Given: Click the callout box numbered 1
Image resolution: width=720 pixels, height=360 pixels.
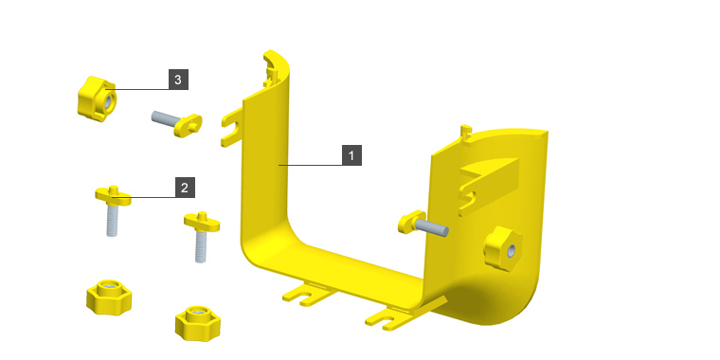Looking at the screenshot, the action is point(351,155).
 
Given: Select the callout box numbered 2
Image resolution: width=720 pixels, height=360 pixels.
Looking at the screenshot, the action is point(185,188).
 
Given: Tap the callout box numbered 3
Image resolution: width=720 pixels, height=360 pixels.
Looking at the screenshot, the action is point(178,80).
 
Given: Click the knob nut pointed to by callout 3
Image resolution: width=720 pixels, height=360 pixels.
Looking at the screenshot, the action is point(97,99).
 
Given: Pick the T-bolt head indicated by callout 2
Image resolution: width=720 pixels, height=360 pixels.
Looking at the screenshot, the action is point(113,195).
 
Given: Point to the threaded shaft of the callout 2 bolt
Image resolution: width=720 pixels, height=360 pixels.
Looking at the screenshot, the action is point(112,221).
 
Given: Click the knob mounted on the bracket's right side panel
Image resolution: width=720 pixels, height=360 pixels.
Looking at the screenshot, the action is point(503,248).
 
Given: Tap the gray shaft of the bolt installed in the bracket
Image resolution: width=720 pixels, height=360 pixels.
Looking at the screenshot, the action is point(431,227).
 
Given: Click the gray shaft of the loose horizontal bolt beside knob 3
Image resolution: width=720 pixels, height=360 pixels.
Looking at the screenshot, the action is point(164,119).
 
